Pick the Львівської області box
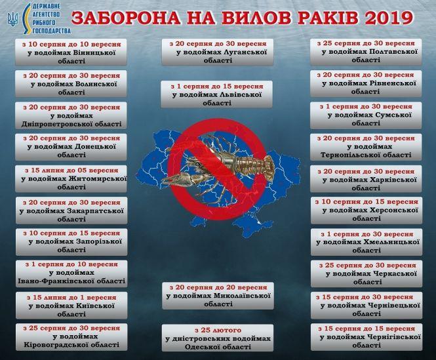(218, 92)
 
